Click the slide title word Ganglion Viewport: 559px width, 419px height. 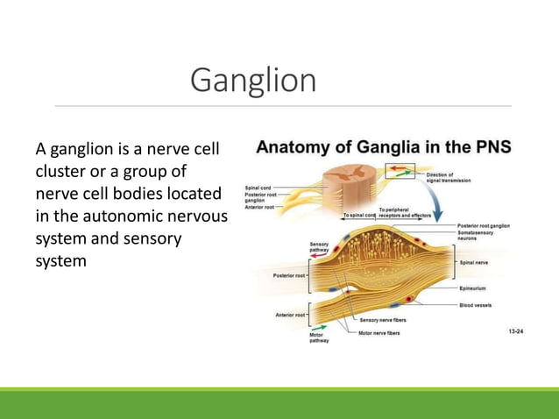[x=253, y=81]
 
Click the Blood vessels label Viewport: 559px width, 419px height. [x=476, y=305]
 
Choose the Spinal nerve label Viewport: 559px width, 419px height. [x=474, y=261]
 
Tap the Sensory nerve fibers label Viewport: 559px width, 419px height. [x=383, y=320]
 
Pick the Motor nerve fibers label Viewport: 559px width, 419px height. [x=379, y=333]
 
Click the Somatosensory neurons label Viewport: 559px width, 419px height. [x=478, y=235]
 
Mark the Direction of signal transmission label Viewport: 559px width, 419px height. [x=448, y=177]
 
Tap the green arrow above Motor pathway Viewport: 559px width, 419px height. [x=318, y=325]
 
